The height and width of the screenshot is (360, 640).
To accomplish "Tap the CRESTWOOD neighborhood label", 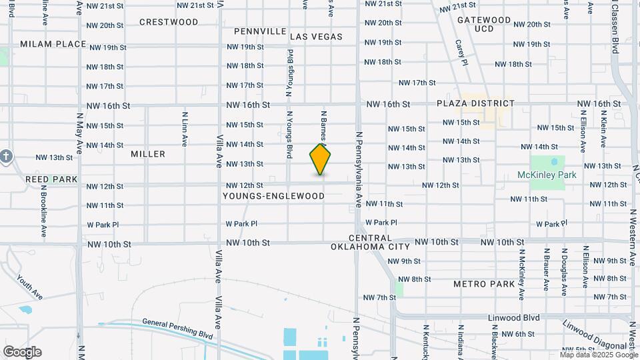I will [x=169, y=22].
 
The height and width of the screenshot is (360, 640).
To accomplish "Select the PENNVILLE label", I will [x=260, y=31].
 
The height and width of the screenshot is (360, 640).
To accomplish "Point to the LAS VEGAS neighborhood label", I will [x=316, y=37].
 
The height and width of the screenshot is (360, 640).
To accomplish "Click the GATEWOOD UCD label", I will [x=484, y=25].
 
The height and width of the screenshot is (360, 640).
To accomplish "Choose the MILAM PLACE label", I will [x=53, y=44].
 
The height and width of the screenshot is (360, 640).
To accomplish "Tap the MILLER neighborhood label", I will [x=148, y=154].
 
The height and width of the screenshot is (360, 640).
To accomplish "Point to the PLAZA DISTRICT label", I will [x=476, y=103].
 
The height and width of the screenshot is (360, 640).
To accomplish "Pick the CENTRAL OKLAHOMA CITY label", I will [x=370, y=242].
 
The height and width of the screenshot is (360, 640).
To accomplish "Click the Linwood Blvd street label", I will [x=513, y=318].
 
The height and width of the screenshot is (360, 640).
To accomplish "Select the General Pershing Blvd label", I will [x=177, y=330].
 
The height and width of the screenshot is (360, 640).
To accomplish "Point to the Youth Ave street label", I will [x=30, y=287].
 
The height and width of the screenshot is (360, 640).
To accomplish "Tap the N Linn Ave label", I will [x=185, y=128].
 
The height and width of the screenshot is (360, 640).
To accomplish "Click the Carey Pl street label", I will [x=459, y=53].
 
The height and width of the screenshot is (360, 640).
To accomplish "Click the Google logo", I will [x=22, y=352].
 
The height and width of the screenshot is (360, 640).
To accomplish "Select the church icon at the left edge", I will [x=6, y=157].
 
